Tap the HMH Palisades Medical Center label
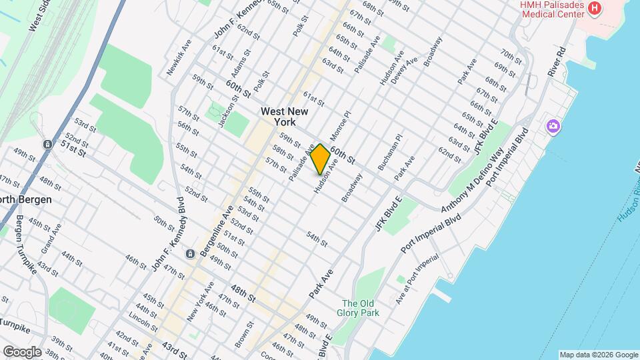click(x=553, y=9)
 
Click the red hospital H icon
click(x=595, y=9)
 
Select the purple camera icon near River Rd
click(x=553, y=125)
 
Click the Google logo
click(x=21, y=351)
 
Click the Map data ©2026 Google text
click(x=598, y=355)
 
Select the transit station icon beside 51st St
click(x=48, y=144)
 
